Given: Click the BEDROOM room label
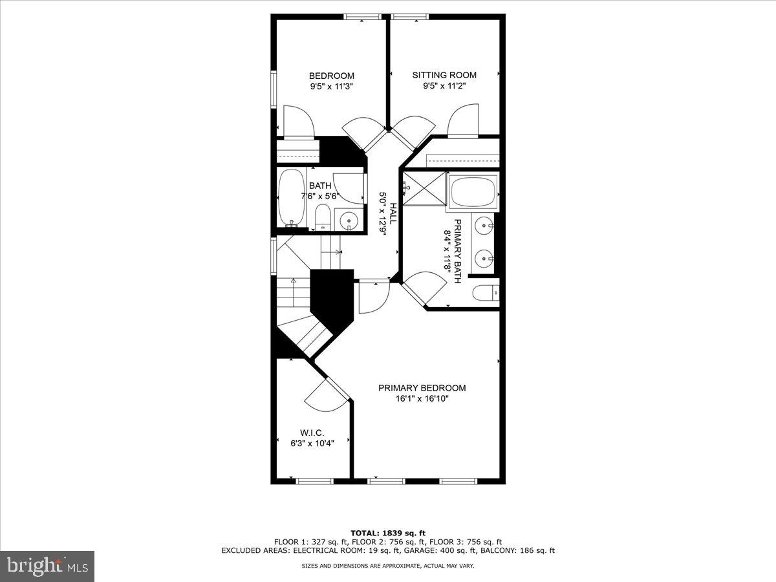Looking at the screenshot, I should point(331,76).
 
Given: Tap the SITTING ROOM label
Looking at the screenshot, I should point(444,75).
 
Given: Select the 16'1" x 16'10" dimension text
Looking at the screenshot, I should point(422,399).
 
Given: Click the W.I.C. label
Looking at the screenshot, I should point(311,433).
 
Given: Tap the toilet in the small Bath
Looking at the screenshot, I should point(323,216).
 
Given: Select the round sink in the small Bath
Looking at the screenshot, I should point(349,221).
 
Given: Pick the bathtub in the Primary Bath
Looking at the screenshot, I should point(473,191).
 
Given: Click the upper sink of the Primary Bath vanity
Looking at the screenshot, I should point(484,226).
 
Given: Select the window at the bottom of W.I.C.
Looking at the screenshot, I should point(314,481).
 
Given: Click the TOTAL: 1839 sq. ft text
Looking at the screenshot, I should point(387,533).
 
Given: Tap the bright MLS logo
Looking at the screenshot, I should point(47,566).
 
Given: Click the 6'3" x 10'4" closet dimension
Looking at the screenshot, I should point(311,443).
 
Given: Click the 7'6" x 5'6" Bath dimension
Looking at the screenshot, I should point(319,197).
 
